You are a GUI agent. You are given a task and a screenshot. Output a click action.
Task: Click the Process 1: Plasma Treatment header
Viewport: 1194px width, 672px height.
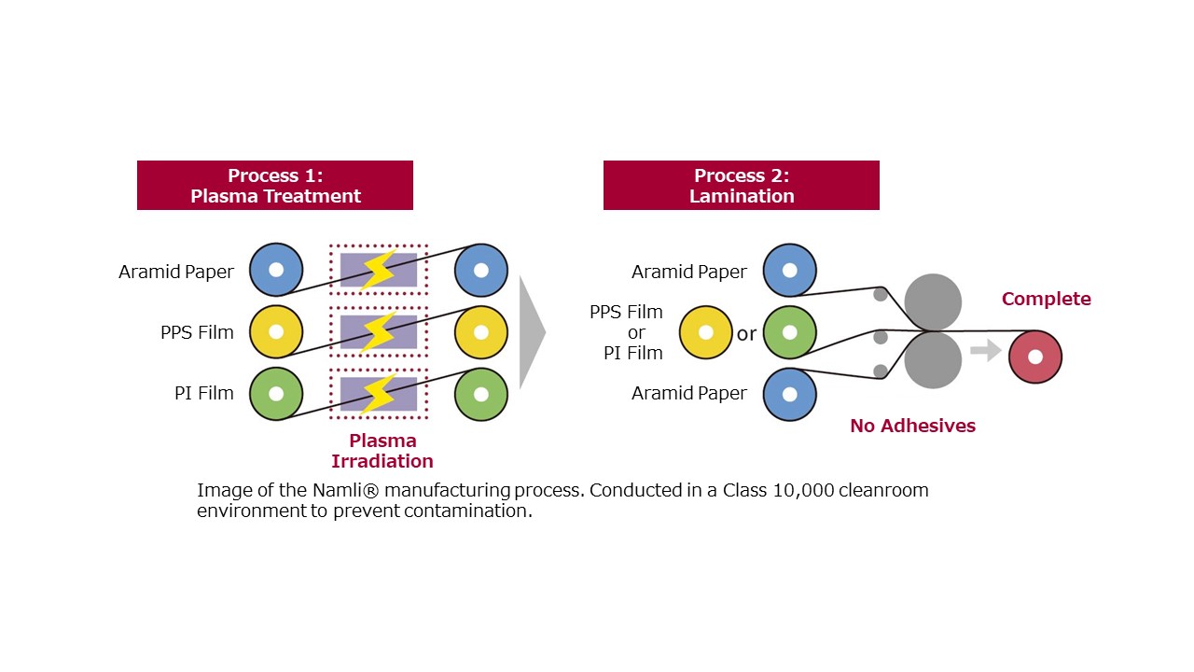tap(275, 185)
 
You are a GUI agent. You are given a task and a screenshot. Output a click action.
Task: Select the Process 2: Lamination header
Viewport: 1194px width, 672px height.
tap(742, 185)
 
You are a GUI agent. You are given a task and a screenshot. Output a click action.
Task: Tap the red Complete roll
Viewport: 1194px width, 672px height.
tap(1035, 357)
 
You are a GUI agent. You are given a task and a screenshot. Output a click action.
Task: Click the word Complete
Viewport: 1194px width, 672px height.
tap(1046, 299)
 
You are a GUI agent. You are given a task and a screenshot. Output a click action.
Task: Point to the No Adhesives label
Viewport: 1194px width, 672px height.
tap(912, 426)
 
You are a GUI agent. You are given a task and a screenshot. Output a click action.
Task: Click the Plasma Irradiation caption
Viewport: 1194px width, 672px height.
tap(382, 451)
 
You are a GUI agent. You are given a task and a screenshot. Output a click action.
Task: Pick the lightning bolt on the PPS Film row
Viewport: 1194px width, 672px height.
tap(378, 331)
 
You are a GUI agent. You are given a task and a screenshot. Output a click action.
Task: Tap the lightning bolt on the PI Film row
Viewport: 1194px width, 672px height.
tap(378, 394)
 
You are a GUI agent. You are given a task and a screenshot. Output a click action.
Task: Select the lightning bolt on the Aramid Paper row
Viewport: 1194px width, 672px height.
tap(378, 270)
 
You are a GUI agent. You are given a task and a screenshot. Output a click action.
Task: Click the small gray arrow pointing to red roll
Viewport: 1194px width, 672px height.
tap(986, 350)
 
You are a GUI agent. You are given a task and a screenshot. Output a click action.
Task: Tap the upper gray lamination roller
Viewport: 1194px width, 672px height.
tap(933, 302)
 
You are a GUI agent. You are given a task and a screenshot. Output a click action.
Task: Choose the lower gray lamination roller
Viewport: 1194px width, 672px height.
tap(933, 360)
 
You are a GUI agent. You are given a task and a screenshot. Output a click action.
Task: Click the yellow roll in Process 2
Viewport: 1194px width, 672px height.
tap(705, 332)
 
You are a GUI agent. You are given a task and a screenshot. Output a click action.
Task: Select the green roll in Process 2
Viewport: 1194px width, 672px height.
tap(789, 332)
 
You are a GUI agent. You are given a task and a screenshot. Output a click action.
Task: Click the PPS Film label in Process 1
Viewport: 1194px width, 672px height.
tap(197, 332)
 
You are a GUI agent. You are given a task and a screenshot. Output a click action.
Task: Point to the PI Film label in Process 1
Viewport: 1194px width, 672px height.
tap(204, 393)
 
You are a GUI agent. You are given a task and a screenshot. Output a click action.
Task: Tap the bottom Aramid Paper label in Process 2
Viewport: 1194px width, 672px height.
tap(689, 393)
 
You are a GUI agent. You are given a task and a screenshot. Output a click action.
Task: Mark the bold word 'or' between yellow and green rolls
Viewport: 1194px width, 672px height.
tap(746, 334)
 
